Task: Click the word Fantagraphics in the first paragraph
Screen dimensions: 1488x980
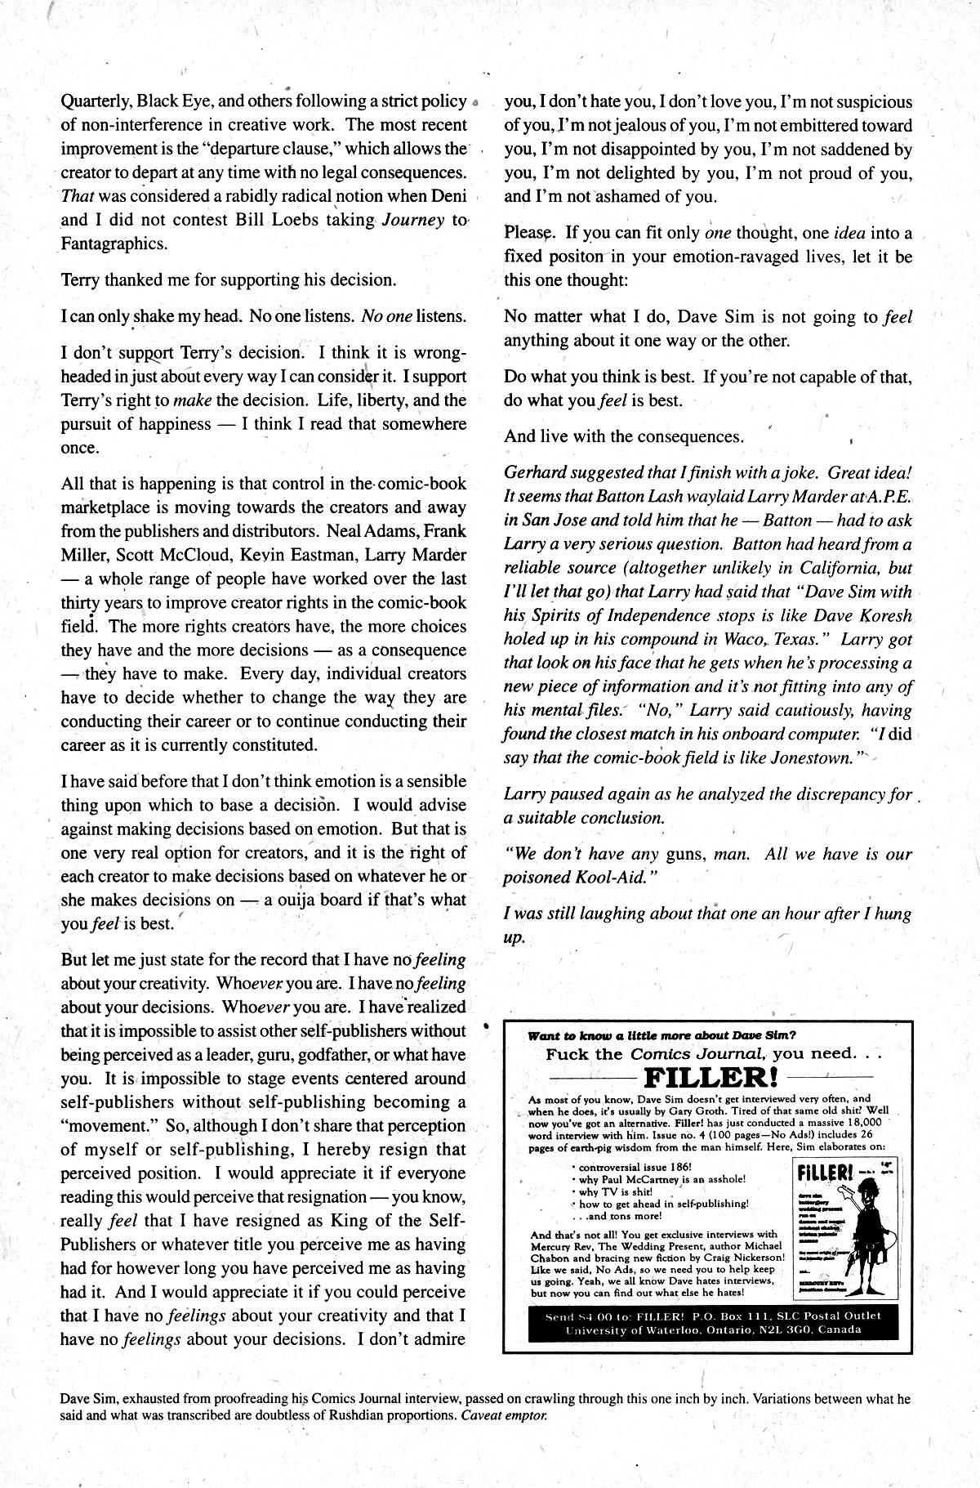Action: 114,244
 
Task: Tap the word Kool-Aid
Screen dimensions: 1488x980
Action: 616,878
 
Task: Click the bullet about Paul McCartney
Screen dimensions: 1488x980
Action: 662,1179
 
